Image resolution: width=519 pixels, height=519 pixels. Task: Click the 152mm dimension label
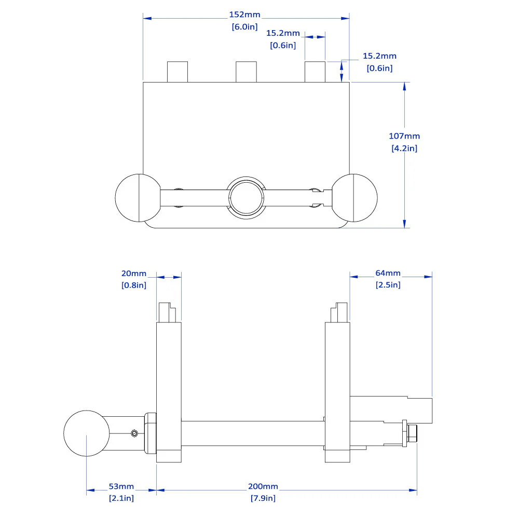coord(244,15)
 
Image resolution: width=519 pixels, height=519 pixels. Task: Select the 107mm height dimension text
coord(404,136)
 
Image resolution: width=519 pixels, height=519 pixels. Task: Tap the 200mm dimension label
coord(263,486)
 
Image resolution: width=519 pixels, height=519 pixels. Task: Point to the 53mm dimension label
coord(121,486)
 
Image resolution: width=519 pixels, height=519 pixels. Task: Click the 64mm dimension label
coord(388,273)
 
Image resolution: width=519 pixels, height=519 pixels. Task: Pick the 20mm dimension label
coord(134,273)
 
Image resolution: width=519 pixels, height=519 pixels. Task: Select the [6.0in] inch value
coord(244,27)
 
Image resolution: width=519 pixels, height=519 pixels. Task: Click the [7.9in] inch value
coord(263,498)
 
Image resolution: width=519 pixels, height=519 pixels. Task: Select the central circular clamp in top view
coord(247,198)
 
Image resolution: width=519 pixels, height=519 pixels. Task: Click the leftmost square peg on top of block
coord(177,72)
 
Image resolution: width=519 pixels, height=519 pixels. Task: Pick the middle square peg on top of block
coord(246,72)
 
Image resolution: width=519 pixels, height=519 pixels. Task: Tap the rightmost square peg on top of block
coord(315,72)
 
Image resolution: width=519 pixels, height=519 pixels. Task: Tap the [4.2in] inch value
coord(404,148)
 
